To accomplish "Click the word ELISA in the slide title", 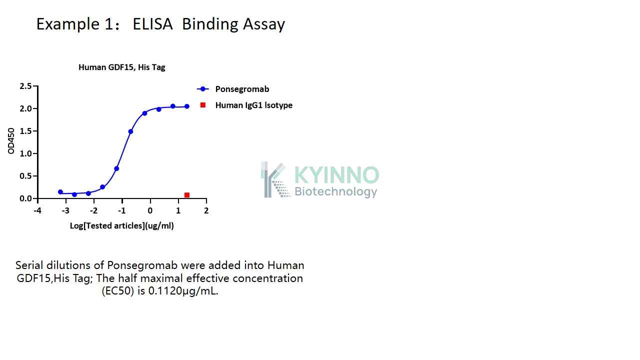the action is tap(152, 23).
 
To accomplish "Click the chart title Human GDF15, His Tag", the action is tap(122, 67).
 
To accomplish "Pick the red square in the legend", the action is tap(203, 105).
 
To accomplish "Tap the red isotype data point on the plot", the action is tap(187, 195).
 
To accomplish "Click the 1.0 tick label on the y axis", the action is tap(25, 153).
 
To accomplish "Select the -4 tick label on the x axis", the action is tap(37, 211).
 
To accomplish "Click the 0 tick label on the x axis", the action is tap(150, 211).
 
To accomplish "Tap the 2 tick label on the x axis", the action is tap(206, 211).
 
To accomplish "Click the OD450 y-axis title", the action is tap(11, 141).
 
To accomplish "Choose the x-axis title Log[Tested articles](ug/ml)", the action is tap(122, 225).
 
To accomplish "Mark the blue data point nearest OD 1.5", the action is tap(130, 131).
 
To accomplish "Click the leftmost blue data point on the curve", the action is tap(60, 192).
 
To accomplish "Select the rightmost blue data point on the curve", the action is tap(187, 106).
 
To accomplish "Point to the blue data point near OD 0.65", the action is tap(116, 168).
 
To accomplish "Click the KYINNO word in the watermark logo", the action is tap(337, 175).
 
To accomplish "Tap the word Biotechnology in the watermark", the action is tap(336, 191).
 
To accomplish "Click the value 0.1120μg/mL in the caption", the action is tap(183, 291).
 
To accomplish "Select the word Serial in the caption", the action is tap(29, 265).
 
